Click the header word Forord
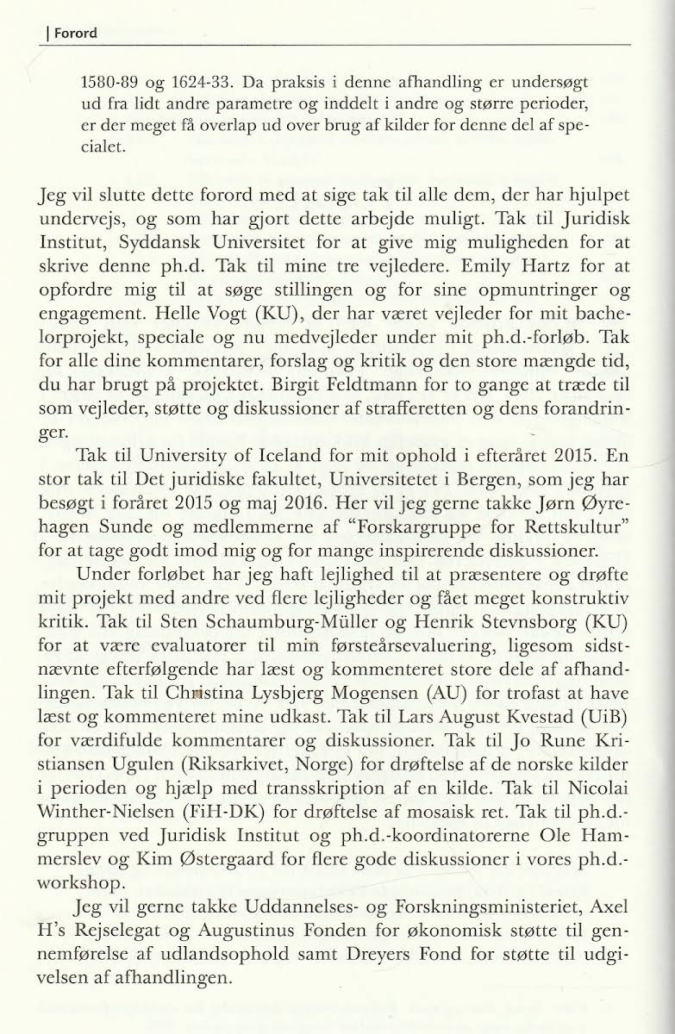pyautogui.click(x=72, y=34)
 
